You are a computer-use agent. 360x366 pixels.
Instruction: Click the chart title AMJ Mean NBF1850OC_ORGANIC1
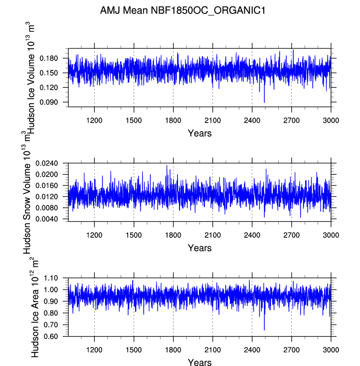coord(182,11)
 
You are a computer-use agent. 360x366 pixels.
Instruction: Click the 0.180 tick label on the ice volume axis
coord(48,58)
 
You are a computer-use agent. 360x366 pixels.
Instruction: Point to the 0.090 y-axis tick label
coord(48,102)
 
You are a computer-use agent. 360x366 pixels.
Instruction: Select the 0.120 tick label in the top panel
coord(48,88)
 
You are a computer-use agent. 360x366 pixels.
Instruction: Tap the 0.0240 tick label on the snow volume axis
coord(46,164)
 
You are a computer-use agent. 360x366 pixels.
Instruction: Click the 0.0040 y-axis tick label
coord(46,219)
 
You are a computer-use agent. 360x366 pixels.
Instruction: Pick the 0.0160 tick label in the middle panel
coord(46,185)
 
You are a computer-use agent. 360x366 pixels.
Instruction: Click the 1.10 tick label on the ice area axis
coord(51,278)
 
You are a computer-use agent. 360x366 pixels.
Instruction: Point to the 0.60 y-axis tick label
coord(51,337)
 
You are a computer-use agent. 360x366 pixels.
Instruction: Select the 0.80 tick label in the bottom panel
coord(51,313)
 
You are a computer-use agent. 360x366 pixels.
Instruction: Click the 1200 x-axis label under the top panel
coord(94,121)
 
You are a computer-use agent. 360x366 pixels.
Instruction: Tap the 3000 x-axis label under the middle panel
coord(331,235)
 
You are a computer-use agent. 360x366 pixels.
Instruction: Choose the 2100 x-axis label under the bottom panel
coord(212,350)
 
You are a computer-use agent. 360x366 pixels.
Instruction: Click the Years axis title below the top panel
coord(199,133)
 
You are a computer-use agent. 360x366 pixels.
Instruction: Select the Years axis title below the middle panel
coord(199,248)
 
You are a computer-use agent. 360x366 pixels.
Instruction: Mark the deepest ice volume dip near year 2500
coord(264,102)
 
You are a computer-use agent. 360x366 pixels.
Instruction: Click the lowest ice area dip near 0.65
coord(264,330)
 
